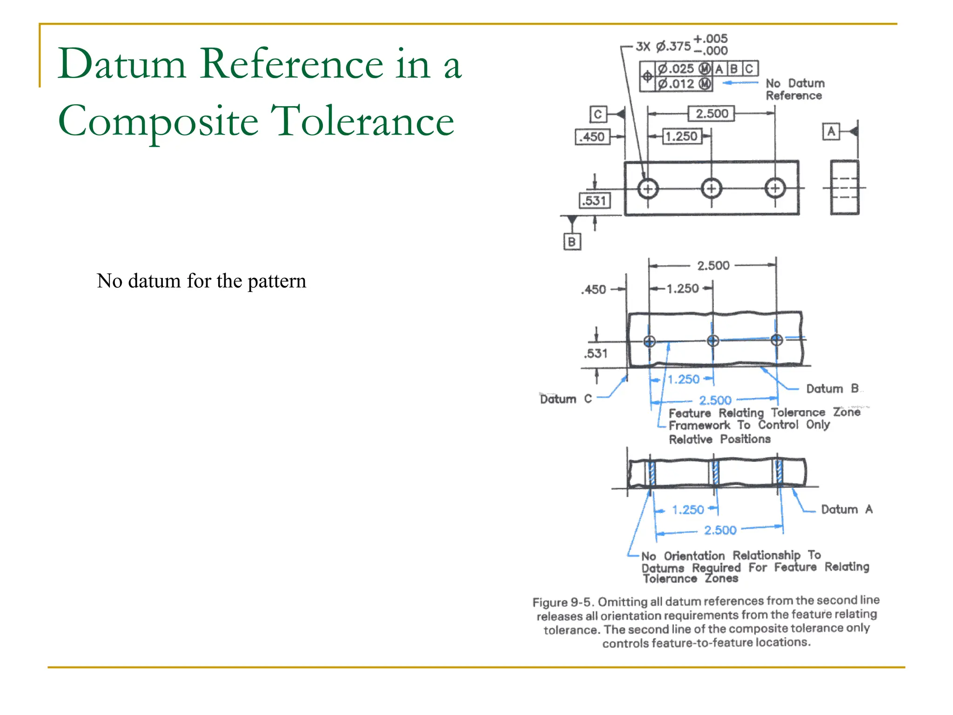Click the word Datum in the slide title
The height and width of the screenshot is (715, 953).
[122, 64]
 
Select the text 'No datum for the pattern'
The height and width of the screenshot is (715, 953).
[201, 281]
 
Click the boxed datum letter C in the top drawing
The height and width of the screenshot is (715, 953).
[598, 114]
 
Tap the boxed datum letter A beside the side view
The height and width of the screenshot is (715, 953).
[831, 132]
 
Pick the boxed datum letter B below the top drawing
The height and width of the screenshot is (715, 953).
[572, 242]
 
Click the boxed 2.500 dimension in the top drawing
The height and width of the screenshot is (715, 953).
[711, 114]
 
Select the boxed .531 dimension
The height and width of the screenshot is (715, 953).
[595, 201]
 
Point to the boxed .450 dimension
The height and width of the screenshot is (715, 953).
[592, 137]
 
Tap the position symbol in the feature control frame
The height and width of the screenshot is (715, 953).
[647, 76]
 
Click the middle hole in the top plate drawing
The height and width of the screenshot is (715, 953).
[711, 189]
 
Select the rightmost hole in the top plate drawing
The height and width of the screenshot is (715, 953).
[775, 189]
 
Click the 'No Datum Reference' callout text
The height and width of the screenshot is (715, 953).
[795, 89]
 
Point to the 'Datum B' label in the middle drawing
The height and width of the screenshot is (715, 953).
[832, 389]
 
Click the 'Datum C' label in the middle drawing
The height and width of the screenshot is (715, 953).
[565, 399]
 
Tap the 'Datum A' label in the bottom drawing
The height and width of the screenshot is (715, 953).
[846, 509]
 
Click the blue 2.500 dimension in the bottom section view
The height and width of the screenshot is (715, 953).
[720, 530]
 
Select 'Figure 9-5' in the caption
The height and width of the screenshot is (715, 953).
[563, 602]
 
